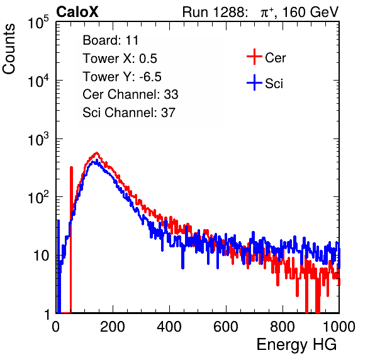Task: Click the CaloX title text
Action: (x=77, y=12)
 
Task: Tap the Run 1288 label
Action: (x=213, y=12)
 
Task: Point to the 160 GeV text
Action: (x=310, y=12)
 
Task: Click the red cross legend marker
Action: (x=254, y=57)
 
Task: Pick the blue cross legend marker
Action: (x=254, y=82)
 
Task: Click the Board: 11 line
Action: (x=111, y=40)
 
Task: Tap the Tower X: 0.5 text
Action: (x=120, y=59)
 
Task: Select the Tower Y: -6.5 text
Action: (x=122, y=77)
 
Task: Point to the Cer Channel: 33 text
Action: (x=130, y=94)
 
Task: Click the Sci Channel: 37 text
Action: (x=129, y=113)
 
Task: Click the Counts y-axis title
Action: (x=9, y=49)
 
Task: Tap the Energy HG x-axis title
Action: (x=296, y=345)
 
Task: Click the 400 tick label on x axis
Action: (x=169, y=327)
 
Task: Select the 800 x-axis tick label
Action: (x=283, y=327)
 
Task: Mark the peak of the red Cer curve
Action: (x=97, y=152)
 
